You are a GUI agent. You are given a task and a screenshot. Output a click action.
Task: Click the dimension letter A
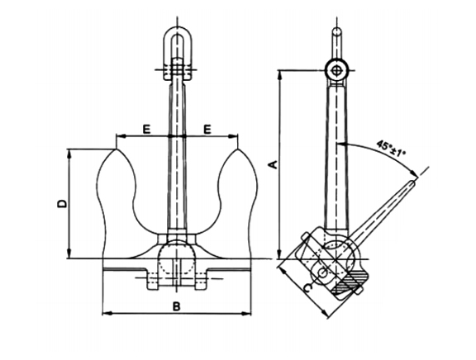pos(274,164)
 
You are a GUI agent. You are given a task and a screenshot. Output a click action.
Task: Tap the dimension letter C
pos(307,287)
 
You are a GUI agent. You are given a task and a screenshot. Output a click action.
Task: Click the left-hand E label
pos(145,128)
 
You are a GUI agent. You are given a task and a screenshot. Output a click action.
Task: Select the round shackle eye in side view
pos(336,70)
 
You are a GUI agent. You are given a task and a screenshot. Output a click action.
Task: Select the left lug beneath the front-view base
pos(154,283)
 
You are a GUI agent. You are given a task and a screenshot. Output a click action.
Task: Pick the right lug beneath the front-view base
pos(198,283)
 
